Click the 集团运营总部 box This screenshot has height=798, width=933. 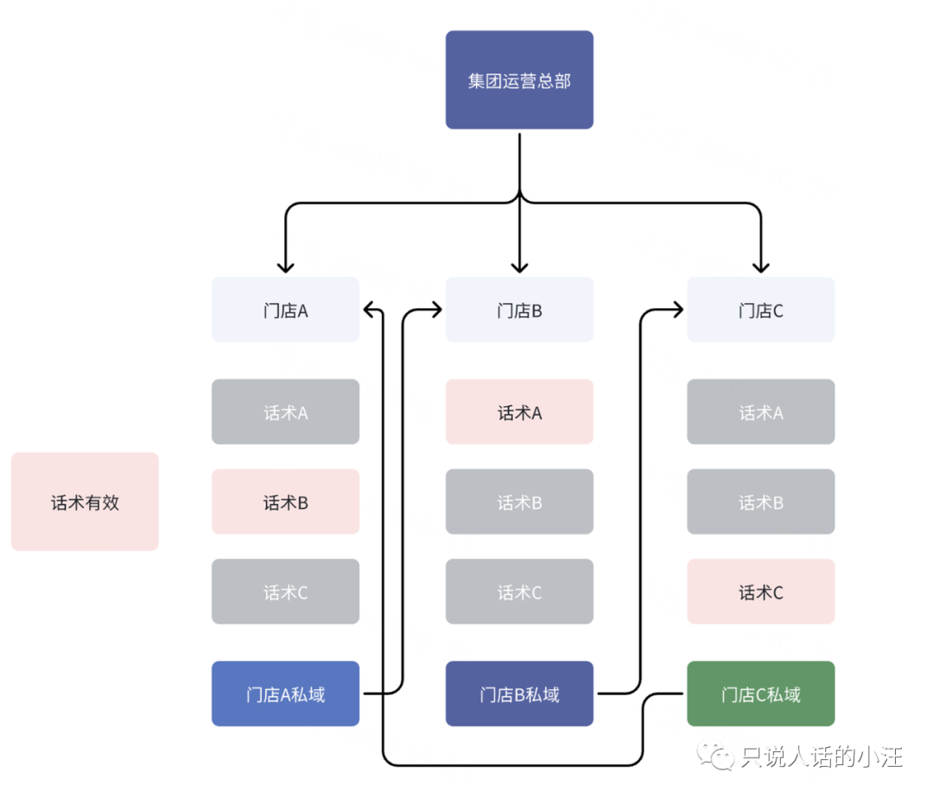point(519,79)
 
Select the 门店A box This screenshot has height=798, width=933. point(286,309)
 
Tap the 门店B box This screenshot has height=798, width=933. point(519,309)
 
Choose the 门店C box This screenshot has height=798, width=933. point(760,309)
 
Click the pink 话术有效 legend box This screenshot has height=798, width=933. point(85,501)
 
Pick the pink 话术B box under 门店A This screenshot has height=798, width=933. point(286,501)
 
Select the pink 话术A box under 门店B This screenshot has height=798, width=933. point(519,411)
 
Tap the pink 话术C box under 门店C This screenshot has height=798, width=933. point(760,591)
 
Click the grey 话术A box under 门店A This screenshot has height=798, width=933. point(286,411)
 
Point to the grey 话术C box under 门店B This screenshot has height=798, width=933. point(519,591)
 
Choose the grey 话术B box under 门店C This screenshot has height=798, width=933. point(760,501)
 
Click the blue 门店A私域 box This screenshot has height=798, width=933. point(286,693)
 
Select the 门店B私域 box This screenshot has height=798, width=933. point(519,693)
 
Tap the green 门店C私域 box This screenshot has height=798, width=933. point(760,693)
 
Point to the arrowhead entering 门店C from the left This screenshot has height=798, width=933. point(678,309)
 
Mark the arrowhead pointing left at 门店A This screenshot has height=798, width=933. point(369,309)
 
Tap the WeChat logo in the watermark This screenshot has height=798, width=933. point(716,756)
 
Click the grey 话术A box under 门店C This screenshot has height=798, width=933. point(760,411)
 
